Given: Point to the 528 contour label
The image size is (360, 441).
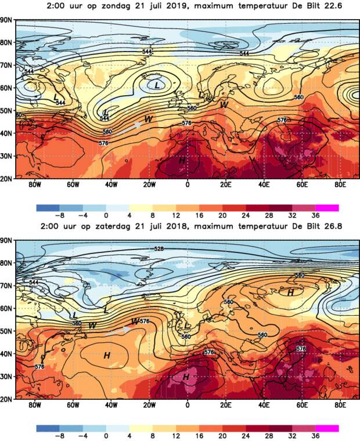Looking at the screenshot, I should [x=159, y=249].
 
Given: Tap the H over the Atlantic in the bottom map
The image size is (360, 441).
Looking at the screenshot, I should [x=107, y=355].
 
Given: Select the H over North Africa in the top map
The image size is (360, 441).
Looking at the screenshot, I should [x=182, y=160].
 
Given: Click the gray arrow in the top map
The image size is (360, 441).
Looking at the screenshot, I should [x=131, y=127].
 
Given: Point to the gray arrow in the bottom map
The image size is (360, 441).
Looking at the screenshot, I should [x=119, y=330].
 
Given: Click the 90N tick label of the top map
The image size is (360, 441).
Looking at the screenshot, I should [x=6, y=20].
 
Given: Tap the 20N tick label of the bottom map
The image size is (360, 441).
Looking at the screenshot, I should [x=6, y=399].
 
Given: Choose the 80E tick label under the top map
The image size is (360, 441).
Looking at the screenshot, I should [x=339, y=186].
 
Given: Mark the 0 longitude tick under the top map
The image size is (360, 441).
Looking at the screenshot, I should [x=187, y=186].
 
